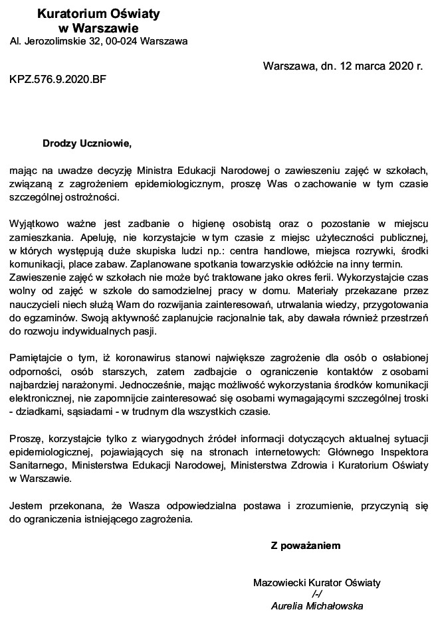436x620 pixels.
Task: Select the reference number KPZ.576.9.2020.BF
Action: (x=57, y=79)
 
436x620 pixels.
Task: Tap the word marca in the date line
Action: (x=368, y=66)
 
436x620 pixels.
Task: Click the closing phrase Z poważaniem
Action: (x=305, y=546)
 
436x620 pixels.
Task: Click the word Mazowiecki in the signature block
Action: (x=276, y=582)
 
